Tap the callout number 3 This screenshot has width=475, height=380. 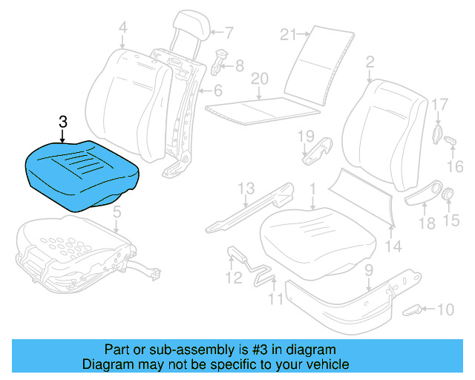63,122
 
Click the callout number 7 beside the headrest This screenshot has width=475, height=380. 229,32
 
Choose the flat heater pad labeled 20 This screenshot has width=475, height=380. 260,108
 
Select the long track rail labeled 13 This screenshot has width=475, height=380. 249,212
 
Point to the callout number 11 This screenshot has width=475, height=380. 275,300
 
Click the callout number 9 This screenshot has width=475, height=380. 369,281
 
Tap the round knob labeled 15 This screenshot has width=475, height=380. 449,195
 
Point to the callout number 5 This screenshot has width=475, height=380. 116,214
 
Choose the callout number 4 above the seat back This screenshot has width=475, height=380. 122,28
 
